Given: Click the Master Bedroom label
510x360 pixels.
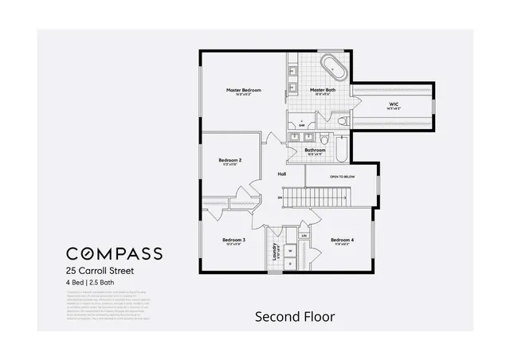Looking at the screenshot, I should coord(243,91).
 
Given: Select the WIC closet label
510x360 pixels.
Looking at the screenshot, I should coord(394,104).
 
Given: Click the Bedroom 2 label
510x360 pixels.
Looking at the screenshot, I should coord(230,160).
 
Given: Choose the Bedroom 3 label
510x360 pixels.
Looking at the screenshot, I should coord(233,240).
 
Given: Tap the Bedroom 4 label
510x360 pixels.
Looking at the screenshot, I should coord(342,240).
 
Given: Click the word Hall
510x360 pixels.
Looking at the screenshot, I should coord(281,174).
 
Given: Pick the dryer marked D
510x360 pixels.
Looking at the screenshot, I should coord(290,263).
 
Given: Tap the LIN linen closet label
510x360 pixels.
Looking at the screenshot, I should coord(304,237).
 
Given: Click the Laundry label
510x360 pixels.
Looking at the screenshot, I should coord(275,252).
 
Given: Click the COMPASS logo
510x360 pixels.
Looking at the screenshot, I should coord(114,254).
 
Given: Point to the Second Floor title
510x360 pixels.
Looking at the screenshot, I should coord(294,316).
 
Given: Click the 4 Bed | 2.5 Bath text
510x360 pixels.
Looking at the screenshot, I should coord(96,282).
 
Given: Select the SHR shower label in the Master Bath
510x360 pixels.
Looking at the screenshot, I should coord(302,124).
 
